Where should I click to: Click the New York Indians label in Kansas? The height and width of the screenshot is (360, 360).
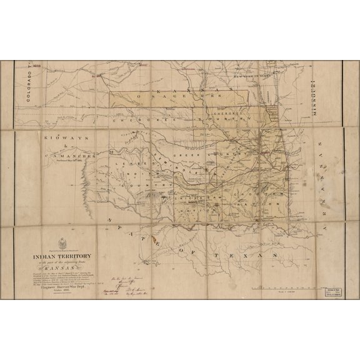pyautogui.click(x=253, y=75)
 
